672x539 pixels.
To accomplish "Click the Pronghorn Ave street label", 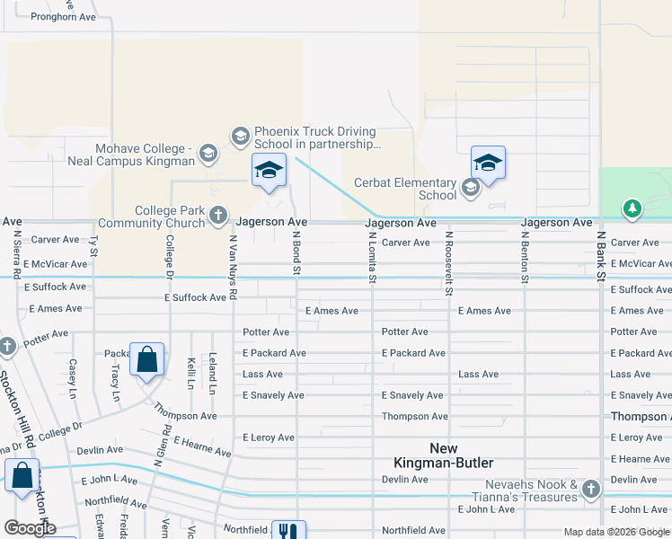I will click(63, 17).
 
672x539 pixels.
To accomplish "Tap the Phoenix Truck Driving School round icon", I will click(240, 137).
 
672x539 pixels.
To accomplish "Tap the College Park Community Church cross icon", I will click(218, 215).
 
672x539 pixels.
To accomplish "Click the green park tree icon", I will click(632, 209).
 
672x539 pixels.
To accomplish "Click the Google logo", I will click(29, 528).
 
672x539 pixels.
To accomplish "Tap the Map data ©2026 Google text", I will click(616, 532).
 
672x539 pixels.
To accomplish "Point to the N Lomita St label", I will click(372, 257).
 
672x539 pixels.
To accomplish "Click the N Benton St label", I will click(525, 257).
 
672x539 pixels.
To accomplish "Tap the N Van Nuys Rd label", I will click(233, 267).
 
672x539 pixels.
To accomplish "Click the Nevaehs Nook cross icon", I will click(590, 490).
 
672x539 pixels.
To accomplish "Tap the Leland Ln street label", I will click(213, 373).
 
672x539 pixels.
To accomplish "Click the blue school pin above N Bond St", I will click(269, 170).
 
